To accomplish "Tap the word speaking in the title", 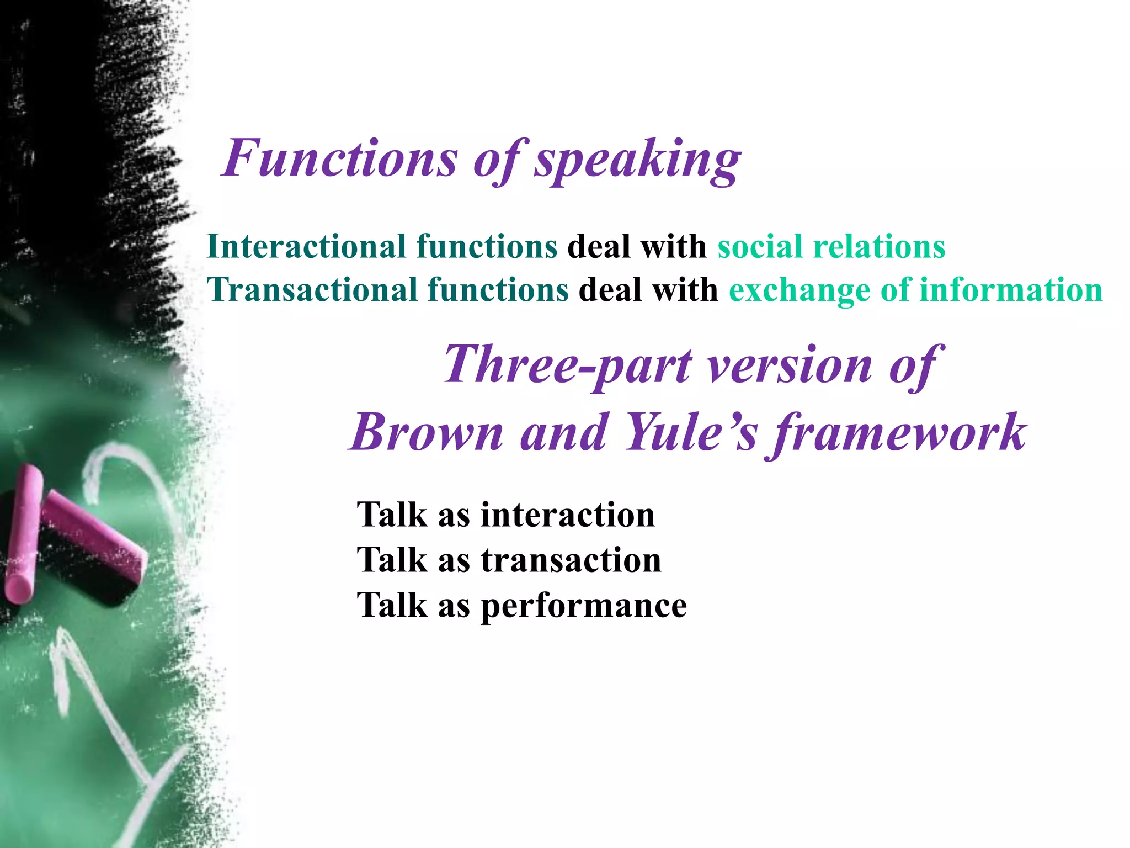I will (x=637, y=160).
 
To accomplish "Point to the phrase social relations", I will (x=831, y=246).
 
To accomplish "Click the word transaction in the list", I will (x=571, y=560).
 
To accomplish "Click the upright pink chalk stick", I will (x=23, y=533).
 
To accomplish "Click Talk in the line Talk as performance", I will (x=392, y=605).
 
